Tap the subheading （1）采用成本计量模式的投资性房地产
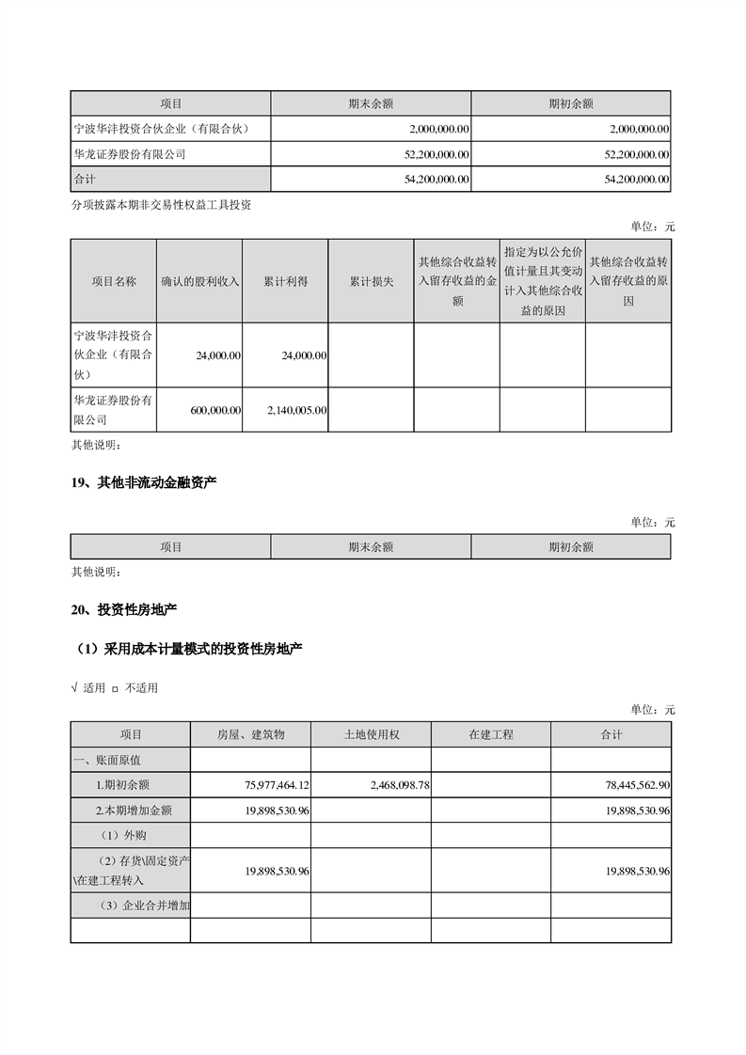189,649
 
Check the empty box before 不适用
115,689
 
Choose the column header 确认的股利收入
200,281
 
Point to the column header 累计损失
371,281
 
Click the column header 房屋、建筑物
250,734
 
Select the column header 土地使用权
371,734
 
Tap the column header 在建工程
491,734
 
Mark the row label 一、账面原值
107,759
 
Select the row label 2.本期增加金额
134,810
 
